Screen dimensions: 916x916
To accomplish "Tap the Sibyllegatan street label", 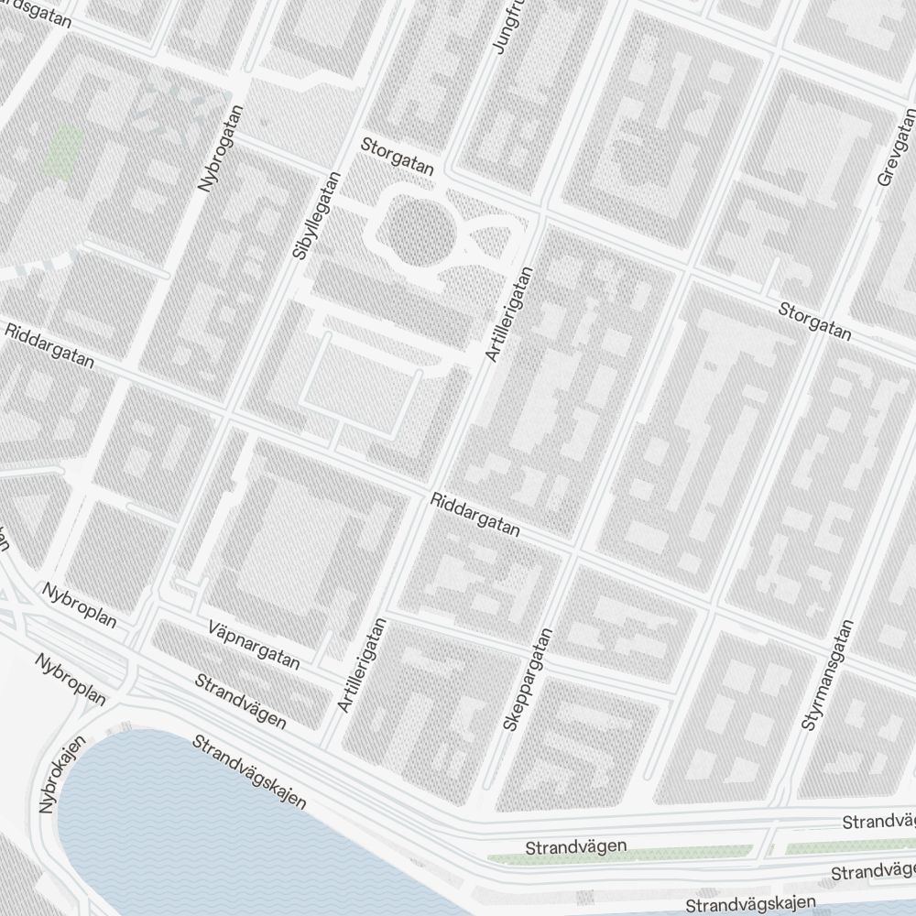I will tap(305, 214).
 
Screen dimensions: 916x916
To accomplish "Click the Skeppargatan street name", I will tap(529, 679).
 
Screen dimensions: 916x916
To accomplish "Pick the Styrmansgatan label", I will tap(826, 675).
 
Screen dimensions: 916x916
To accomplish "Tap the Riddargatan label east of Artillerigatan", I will tap(475, 516).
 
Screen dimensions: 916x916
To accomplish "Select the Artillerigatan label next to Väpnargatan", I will tap(363, 666).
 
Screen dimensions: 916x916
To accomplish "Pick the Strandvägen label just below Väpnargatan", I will tap(241, 700).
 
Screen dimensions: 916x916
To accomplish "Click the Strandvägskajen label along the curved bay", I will tap(248, 769).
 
